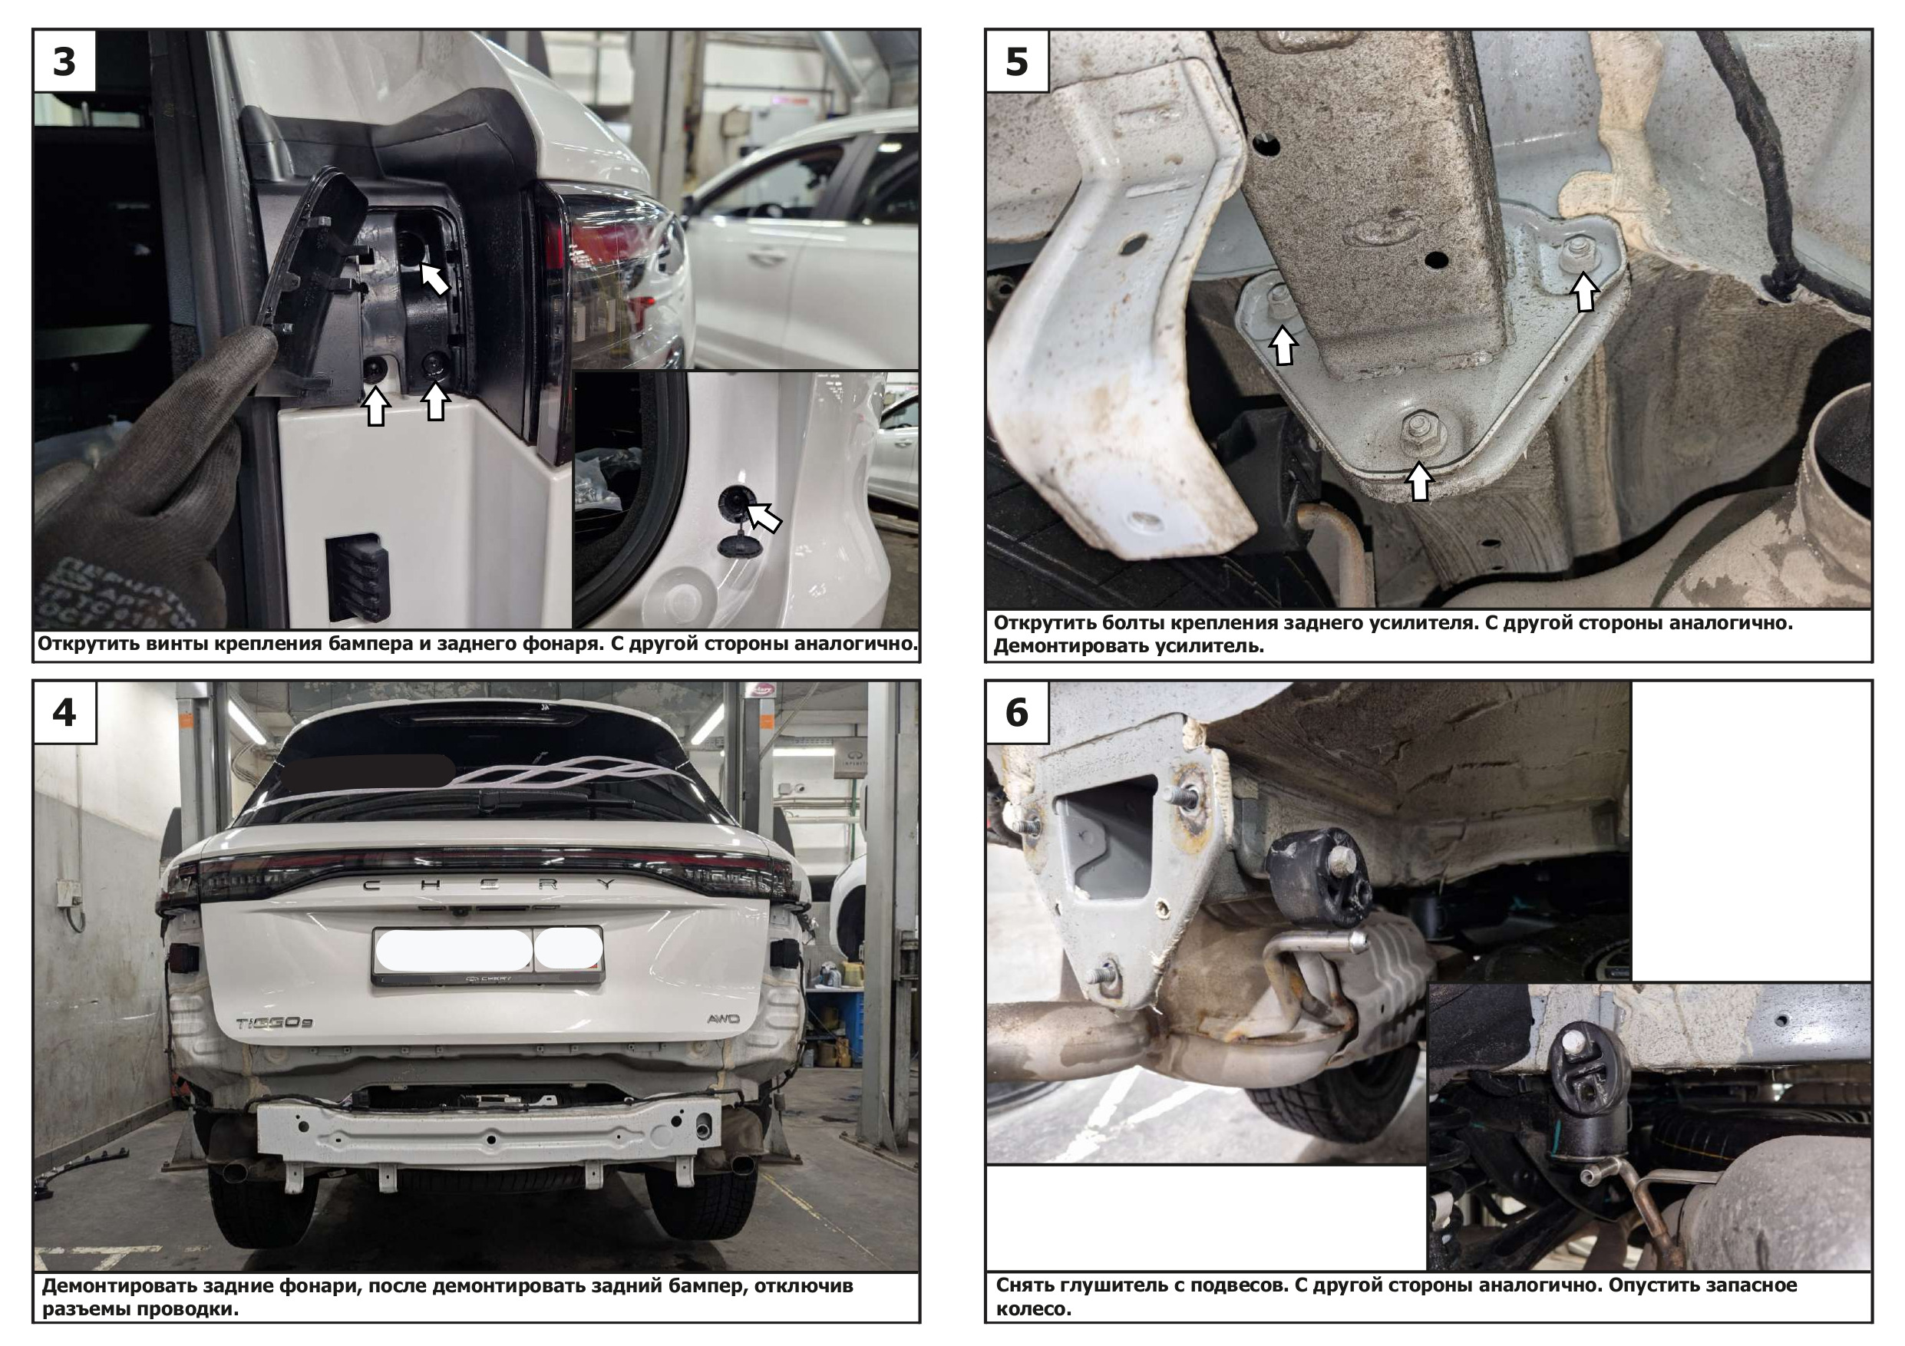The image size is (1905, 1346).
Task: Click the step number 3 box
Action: pyautogui.click(x=64, y=61)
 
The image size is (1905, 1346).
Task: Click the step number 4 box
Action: pyautogui.click(x=64, y=712)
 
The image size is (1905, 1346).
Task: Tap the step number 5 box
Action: pyautogui.click(x=1017, y=61)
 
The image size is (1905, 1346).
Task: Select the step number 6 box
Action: pyautogui.click(x=1017, y=712)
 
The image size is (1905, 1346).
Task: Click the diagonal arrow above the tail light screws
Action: pyautogui.click(x=434, y=279)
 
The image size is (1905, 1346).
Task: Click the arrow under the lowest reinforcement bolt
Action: pyautogui.click(x=1420, y=482)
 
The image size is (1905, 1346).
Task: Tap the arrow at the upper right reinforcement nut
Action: pyautogui.click(x=1585, y=292)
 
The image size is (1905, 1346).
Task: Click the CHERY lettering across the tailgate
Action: pyautogui.click(x=489, y=885)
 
